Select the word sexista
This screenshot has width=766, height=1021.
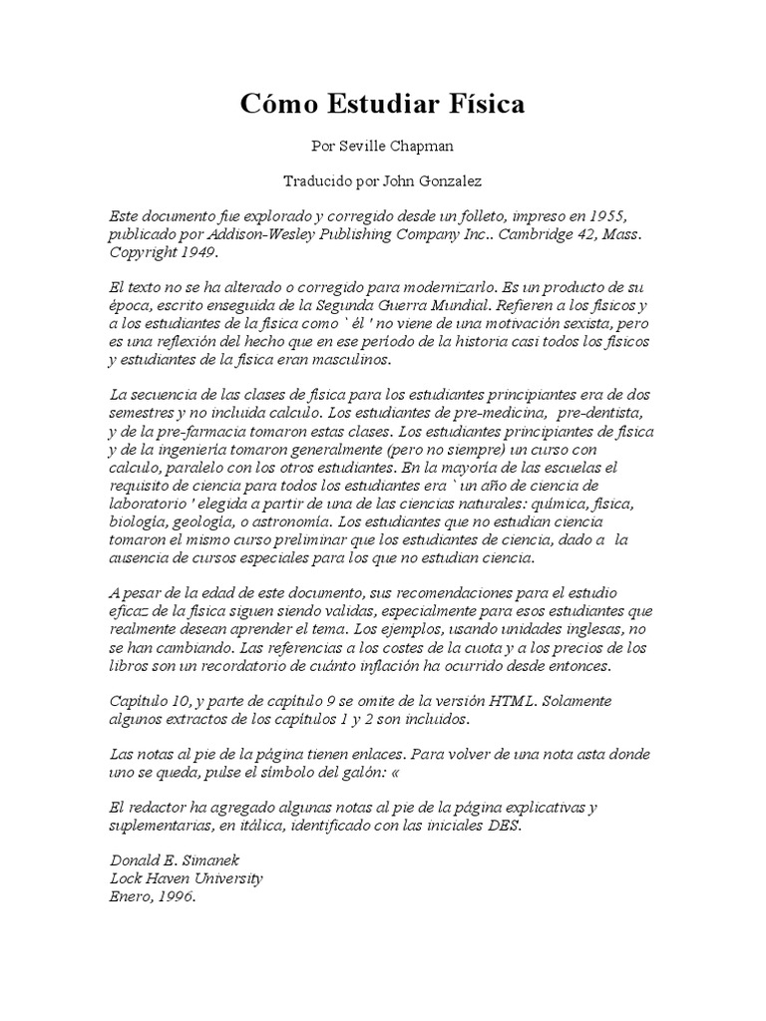(582, 324)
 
